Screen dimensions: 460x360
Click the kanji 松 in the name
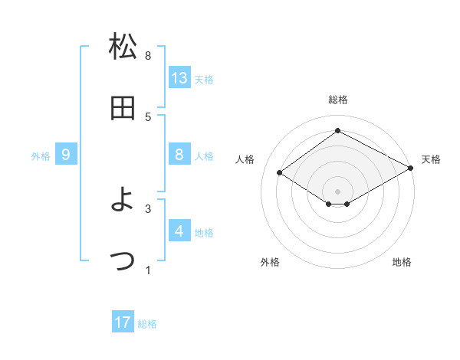[x=123, y=47]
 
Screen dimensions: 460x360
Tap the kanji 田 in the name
[x=123, y=108]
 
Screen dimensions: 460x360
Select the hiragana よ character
[x=123, y=200]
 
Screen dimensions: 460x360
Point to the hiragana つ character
[x=123, y=260]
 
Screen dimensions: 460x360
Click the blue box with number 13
[x=179, y=77]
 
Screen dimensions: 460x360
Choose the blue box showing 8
[x=179, y=155]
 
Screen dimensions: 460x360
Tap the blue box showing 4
[x=179, y=231]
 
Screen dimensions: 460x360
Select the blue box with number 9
[x=66, y=155]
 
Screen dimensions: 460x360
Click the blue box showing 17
[x=123, y=322]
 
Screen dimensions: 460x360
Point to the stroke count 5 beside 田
[x=148, y=116]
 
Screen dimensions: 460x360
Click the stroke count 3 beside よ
[x=148, y=208]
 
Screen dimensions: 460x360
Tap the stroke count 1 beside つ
[x=148, y=269]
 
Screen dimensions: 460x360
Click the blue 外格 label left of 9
[x=41, y=156]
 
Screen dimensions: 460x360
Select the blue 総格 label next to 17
[x=147, y=324]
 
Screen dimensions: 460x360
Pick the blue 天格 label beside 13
[x=203, y=79]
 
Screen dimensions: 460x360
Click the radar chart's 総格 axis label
[x=337, y=100]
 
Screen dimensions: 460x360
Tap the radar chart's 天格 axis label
[x=431, y=159]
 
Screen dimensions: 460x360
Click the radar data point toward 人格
[x=280, y=173]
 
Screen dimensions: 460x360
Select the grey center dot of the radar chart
[x=337, y=190]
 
